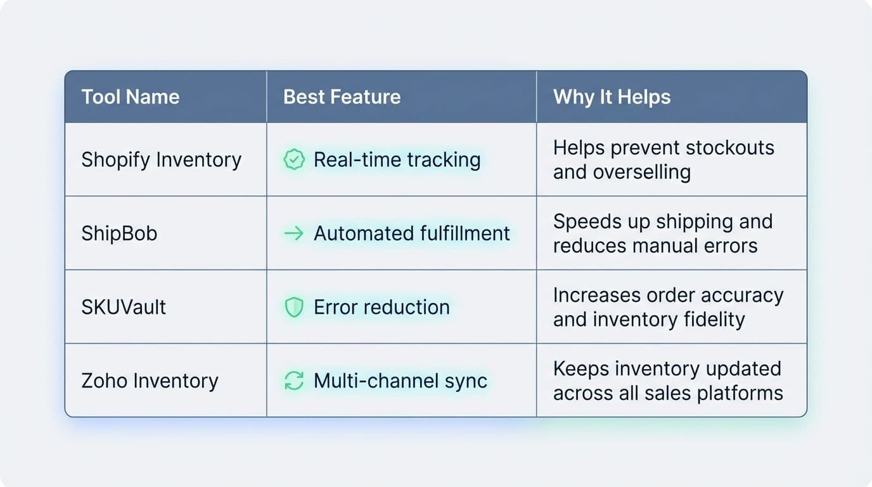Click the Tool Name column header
(x=130, y=97)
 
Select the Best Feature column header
(x=342, y=97)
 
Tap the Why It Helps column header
(x=612, y=97)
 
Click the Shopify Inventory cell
(x=161, y=160)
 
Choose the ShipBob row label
(x=119, y=233)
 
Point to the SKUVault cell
(x=124, y=307)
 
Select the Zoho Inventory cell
(x=150, y=380)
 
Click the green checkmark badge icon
(x=293, y=160)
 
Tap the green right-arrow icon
(x=293, y=233)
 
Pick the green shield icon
(x=293, y=308)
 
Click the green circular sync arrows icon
(x=293, y=381)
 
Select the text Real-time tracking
(x=397, y=160)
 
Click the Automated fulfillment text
(x=411, y=233)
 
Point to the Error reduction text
(x=381, y=307)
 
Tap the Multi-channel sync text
(x=401, y=380)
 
